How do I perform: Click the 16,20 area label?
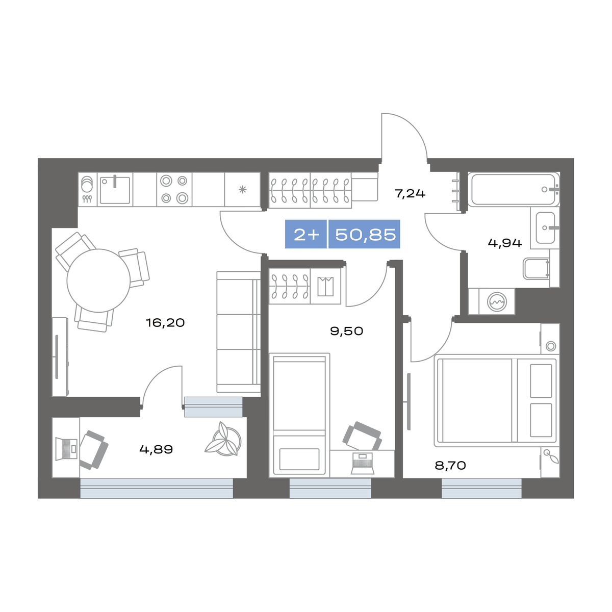pos(165,323)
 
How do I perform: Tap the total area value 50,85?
pos(365,235)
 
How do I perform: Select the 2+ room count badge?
pos(307,235)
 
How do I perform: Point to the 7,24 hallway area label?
pos(410,194)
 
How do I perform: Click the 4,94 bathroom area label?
pos(505,243)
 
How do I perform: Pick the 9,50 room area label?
pos(347,331)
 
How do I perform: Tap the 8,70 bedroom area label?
pos(450,465)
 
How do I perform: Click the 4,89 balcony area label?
pos(156,450)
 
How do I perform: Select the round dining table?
pos(98,280)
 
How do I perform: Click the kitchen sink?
pos(115,190)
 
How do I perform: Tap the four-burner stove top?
pos(174,189)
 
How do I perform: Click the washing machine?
pos(496,302)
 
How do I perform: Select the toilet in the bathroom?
pos(536,269)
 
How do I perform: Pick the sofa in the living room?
pos(239,331)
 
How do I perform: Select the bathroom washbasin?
pos(545,228)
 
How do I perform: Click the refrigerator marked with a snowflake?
pos(242,190)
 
